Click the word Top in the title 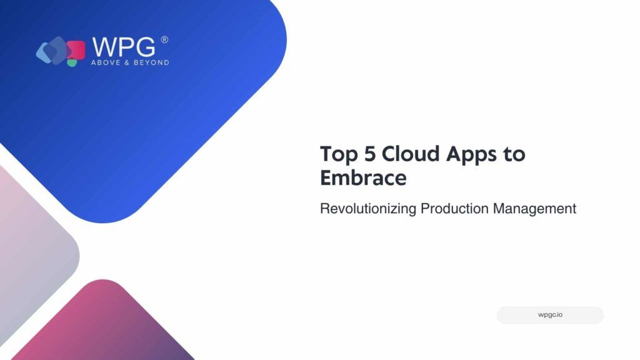tap(339, 155)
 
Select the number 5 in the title tap(370, 154)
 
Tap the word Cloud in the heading tap(411, 154)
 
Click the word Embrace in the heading tap(363, 177)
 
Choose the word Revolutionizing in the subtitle tap(368, 209)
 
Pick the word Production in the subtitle tap(454, 208)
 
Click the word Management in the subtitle tap(534, 209)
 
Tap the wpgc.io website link tap(550, 315)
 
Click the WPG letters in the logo tap(124, 47)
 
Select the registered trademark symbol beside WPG tap(164, 39)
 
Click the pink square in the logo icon tap(77, 49)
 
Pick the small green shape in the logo tap(72, 63)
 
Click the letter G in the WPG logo tap(145, 47)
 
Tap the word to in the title tap(514, 154)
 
